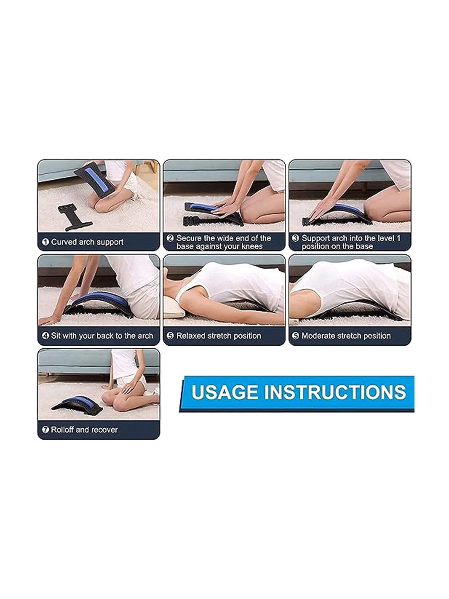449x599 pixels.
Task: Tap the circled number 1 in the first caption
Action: (45, 242)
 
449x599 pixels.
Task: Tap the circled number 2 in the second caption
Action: (170, 238)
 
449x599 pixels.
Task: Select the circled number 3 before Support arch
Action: (295, 238)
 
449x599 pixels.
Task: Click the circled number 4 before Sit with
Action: (45, 336)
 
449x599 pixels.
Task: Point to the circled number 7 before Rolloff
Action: (45, 430)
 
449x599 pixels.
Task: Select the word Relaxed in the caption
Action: (188, 336)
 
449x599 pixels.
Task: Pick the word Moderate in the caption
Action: (315, 336)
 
